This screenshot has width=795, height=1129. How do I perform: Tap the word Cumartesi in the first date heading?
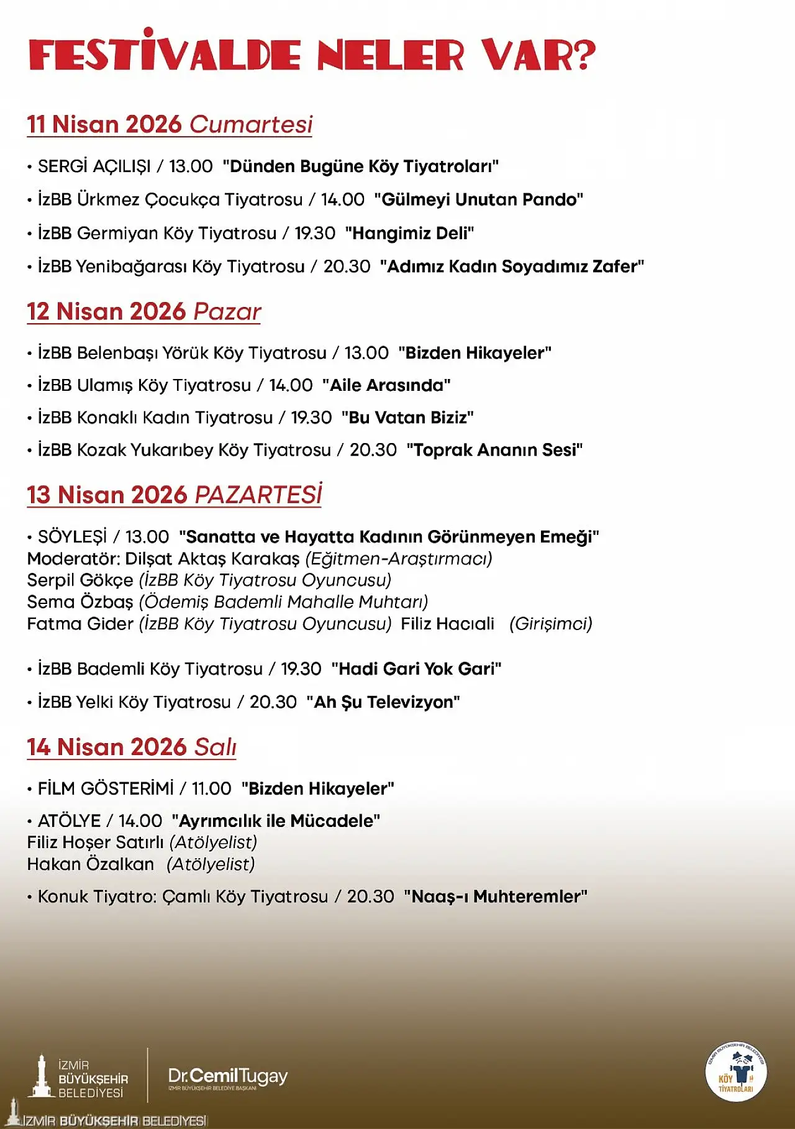click(251, 124)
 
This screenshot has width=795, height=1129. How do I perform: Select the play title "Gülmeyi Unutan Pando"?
click(479, 199)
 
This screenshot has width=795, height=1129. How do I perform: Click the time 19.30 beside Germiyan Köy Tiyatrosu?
click(315, 233)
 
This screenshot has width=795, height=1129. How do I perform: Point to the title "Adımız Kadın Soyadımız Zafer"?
click(512, 267)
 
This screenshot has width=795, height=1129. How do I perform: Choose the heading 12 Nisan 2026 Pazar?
click(143, 311)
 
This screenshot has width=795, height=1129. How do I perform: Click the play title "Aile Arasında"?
click(386, 385)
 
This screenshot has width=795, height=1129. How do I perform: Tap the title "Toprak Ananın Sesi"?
click(494, 450)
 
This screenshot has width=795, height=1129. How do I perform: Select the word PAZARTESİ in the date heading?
click(258, 495)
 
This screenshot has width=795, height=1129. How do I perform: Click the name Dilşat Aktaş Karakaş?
click(212, 559)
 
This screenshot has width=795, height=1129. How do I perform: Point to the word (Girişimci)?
click(550, 623)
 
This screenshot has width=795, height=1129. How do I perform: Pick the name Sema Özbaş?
click(80, 601)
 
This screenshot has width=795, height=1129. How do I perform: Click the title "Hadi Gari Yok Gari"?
click(416, 669)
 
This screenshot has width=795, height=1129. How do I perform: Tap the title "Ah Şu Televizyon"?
click(383, 702)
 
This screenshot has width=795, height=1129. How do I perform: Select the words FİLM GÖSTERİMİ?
click(106, 788)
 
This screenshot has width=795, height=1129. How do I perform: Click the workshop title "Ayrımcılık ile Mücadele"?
click(276, 821)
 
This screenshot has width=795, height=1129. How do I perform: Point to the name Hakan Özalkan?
click(91, 864)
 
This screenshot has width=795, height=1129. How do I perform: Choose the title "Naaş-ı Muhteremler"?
click(495, 897)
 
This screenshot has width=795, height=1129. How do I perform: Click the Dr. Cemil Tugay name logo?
click(228, 1077)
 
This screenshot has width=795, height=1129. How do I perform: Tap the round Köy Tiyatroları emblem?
click(736, 1072)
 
